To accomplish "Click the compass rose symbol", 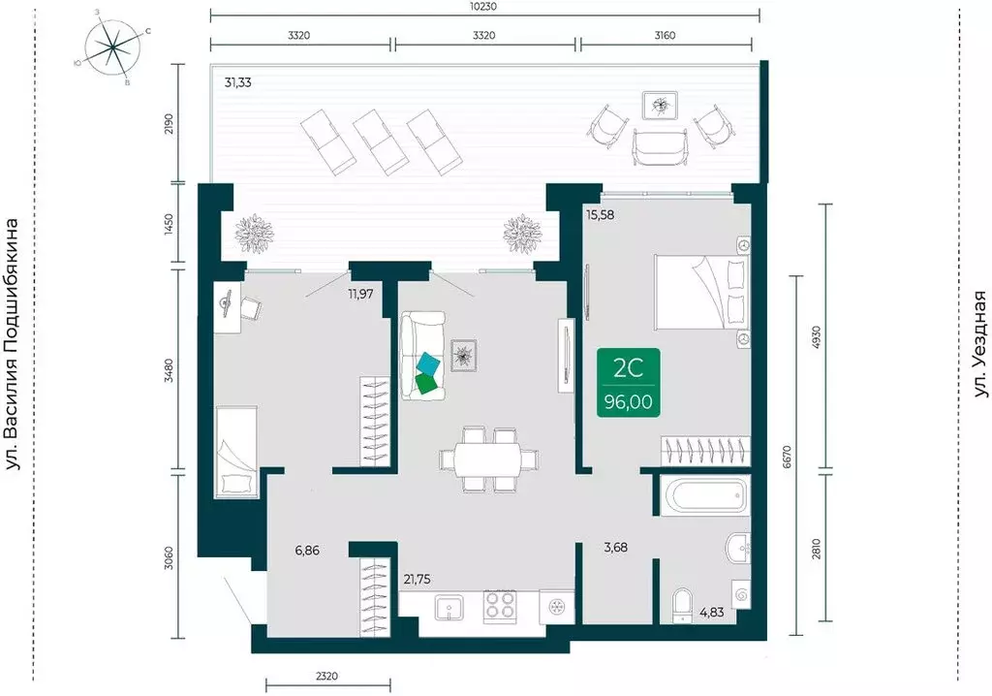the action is click(112, 47).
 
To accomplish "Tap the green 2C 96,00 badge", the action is click(628, 382).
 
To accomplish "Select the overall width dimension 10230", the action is click(484, 7).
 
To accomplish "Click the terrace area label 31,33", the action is click(238, 82).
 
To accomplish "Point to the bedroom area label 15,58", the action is click(600, 214).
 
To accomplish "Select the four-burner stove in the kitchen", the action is click(501, 606).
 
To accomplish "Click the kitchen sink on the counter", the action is click(450, 609).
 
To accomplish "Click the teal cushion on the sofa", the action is click(429, 364).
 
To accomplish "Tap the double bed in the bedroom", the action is click(702, 292).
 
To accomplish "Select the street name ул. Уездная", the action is click(979, 345).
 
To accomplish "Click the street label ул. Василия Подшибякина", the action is click(12, 345).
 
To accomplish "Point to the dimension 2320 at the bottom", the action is click(326, 677).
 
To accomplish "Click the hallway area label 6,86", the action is click(307, 551).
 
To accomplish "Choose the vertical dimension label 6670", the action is click(787, 456).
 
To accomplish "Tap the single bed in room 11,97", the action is click(236, 452).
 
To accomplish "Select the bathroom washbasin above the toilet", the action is click(737, 547).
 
